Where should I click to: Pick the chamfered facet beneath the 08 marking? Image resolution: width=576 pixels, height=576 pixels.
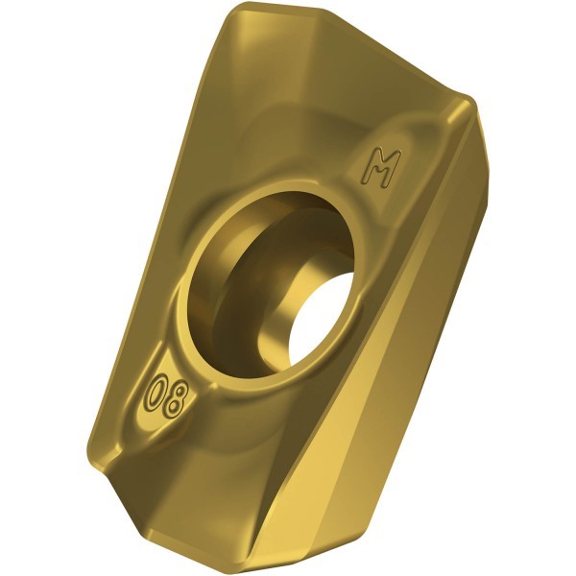[x=192, y=480]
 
